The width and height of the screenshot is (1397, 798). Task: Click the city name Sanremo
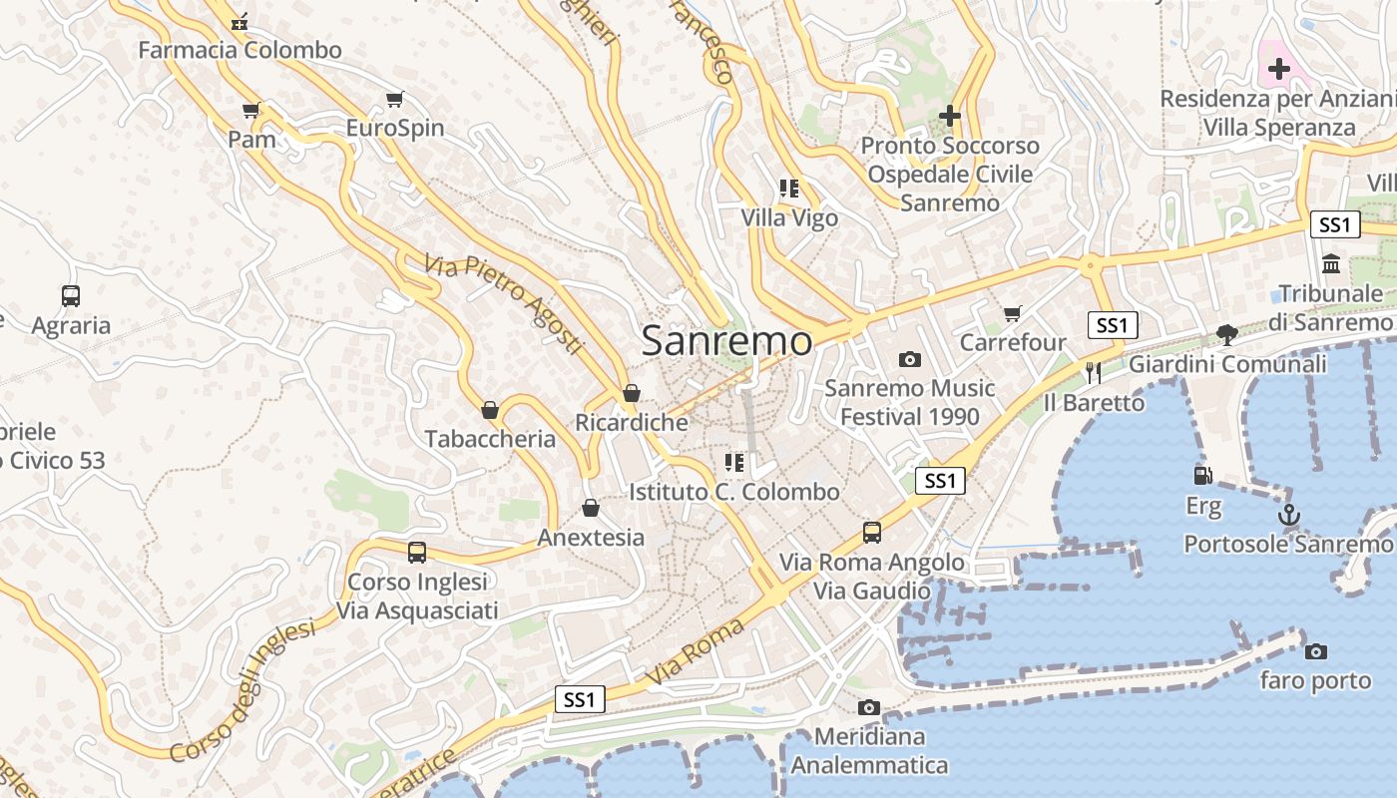[x=726, y=341]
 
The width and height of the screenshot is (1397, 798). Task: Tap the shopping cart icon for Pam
[x=250, y=111]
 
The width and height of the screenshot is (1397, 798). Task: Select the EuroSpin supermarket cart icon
[x=394, y=99]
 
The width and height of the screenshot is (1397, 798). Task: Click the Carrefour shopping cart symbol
[x=1013, y=314]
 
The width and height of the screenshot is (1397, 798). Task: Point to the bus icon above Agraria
[x=71, y=295]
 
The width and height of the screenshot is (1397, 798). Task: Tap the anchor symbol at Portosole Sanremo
[x=1289, y=516]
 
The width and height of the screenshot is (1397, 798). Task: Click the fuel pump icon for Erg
[x=1203, y=477]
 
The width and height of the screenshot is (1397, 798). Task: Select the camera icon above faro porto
[x=1316, y=651]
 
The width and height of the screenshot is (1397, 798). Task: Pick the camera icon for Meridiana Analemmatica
[x=869, y=707]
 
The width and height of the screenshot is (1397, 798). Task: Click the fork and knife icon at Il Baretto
[x=1094, y=373]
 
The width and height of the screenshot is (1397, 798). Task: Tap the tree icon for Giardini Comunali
[x=1227, y=335]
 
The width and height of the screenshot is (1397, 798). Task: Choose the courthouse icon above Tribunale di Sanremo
[x=1331, y=264]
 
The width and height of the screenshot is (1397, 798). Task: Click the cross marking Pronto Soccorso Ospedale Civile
[x=949, y=116]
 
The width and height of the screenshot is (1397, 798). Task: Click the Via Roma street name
[x=697, y=651]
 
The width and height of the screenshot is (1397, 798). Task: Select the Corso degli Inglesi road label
[x=241, y=690]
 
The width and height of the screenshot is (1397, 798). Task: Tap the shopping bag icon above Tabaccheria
[x=490, y=410]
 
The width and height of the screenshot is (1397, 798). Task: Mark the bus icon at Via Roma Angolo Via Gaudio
[x=872, y=532]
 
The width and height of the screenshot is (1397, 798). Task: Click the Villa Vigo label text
[x=789, y=217]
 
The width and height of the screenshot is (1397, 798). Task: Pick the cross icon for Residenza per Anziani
[x=1278, y=70]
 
